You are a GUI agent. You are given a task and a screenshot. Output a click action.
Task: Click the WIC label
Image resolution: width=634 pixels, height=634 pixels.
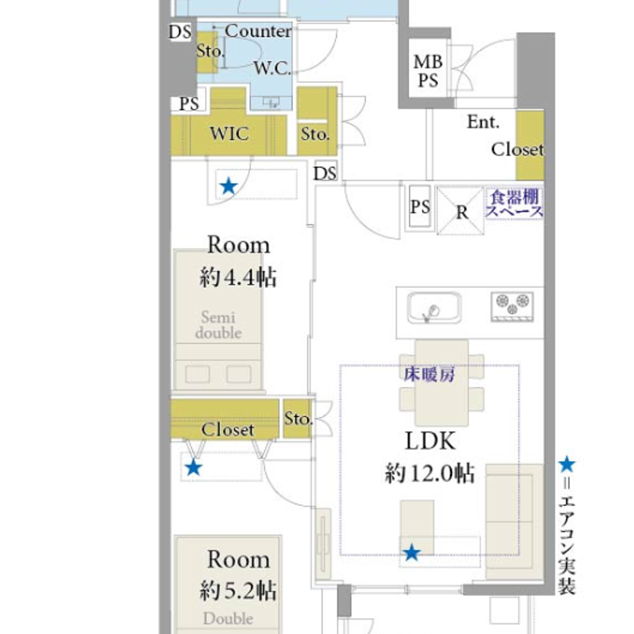point(230,134)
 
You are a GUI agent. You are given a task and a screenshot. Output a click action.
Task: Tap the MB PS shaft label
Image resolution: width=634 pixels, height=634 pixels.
point(428,71)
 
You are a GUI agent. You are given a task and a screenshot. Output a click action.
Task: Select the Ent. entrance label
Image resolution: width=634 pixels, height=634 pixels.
point(483,122)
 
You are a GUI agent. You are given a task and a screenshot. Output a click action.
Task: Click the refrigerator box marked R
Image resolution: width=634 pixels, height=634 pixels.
point(460,210)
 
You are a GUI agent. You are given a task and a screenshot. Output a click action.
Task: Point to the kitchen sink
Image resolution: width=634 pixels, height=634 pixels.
point(434,307)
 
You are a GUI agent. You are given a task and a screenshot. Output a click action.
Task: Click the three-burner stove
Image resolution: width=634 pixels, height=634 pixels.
point(512,307)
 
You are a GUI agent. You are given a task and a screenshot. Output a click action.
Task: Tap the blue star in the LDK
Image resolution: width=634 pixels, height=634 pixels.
point(411,552)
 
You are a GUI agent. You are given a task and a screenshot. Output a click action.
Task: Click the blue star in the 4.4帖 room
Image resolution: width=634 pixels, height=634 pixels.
point(228,186)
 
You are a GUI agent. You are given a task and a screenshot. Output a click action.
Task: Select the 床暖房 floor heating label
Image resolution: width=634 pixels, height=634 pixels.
point(429,374)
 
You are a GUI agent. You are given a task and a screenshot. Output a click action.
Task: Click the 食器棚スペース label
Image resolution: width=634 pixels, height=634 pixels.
point(514,204)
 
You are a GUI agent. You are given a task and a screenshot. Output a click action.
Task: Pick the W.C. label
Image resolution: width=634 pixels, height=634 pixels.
point(272,68)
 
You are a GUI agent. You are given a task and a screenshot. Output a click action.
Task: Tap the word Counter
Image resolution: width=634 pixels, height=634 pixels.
point(258,31)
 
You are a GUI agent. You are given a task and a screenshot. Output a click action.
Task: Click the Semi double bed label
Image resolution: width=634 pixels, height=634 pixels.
point(218,325)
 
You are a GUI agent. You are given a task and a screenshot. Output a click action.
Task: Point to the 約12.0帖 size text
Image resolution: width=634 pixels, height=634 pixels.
point(430,473)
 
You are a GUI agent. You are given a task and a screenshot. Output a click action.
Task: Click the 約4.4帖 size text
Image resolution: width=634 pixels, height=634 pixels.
point(238,278)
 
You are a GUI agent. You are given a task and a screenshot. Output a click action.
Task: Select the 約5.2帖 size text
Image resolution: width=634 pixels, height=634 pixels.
point(238,591)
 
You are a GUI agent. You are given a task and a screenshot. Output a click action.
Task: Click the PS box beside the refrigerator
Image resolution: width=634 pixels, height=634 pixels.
point(420,208)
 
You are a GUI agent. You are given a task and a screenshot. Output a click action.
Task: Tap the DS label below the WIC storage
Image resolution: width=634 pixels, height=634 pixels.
point(325,174)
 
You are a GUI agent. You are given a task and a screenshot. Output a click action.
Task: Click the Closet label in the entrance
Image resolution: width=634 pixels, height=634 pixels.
point(517,150)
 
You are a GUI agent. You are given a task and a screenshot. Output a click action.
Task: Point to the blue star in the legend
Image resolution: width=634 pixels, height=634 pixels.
point(567,465)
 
